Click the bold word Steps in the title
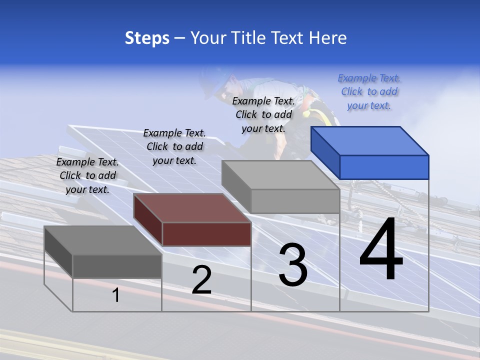point(147,38)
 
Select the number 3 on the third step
point(292,265)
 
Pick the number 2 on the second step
point(201,280)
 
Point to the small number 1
point(116,295)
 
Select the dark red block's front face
point(206,234)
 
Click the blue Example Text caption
point(369,91)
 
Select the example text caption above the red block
point(174,146)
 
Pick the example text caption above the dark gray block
point(87,175)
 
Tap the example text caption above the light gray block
point(263,114)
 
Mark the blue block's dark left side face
point(325,152)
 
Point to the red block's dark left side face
point(148,220)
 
